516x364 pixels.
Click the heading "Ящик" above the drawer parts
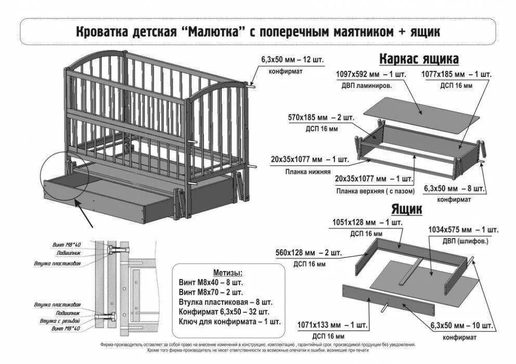406,210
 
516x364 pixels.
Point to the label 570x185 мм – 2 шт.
321,118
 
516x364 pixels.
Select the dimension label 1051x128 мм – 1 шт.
367,223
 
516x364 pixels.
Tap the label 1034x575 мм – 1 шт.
463,229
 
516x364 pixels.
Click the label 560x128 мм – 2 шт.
308,253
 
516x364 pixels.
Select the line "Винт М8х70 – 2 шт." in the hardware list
211,292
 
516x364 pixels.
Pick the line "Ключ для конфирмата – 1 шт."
229,321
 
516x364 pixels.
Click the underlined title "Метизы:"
227,272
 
